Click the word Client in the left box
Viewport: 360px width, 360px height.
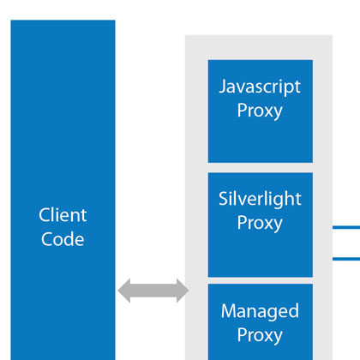click(x=63, y=215)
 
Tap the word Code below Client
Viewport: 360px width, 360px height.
click(x=63, y=239)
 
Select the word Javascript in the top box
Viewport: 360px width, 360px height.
click(x=260, y=87)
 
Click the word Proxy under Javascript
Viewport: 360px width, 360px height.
click(x=260, y=111)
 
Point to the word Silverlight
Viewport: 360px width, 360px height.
click(x=260, y=199)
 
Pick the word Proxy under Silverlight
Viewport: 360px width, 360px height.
click(x=260, y=223)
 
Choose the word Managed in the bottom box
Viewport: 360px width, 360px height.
click(x=260, y=310)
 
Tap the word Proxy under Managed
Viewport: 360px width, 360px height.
click(x=260, y=334)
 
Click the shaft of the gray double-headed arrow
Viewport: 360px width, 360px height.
click(x=153, y=291)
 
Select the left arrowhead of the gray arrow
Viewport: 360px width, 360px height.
click(x=125, y=291)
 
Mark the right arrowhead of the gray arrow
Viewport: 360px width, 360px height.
click(x=181, y=291)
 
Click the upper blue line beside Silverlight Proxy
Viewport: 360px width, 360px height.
click(x=346, y=228)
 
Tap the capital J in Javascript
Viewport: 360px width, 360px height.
click(x=223, y=87)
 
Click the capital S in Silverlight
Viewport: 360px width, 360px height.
click(x=224, y=199)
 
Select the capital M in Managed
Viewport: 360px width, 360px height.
click(x=226, y=310)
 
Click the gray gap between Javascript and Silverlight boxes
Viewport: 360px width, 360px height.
click(x=260, y=167)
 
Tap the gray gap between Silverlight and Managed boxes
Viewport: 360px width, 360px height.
click(x=260, y=280)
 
